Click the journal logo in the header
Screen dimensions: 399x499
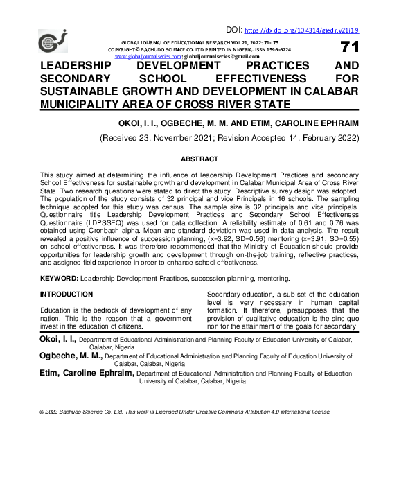coord(52,42)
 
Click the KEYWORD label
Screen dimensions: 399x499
coord(59,278)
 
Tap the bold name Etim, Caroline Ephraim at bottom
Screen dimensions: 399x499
coord(85,373)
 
